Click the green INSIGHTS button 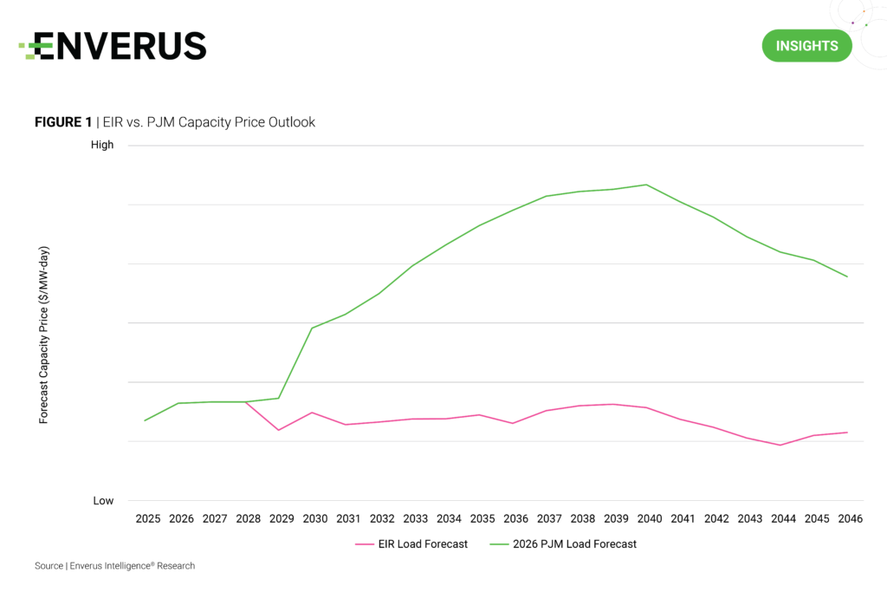(806, 46)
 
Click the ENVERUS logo (113, 46)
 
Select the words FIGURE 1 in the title (62, 122)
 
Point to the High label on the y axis (102, 145)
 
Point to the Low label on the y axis (103, 501)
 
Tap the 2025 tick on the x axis (148, 519)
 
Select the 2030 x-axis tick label (315, 519)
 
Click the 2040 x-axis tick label (650, 519)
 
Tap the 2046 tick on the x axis (850, 519)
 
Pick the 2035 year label (482, 519)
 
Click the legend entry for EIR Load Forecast (411, 544)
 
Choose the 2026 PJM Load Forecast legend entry (563, 544)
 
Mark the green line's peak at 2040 (646, 185)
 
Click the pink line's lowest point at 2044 (780, 446)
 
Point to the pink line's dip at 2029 (279, 430)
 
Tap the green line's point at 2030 (312, 328)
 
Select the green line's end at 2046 (847, 276)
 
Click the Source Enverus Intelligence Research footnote (114, 566)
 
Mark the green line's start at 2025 (145, 420)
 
